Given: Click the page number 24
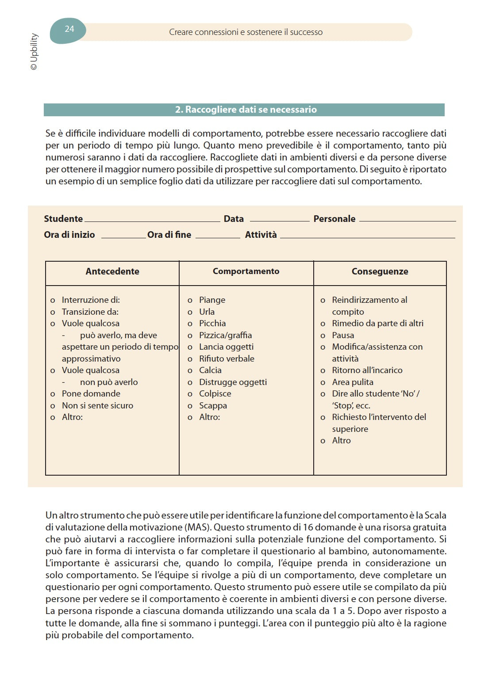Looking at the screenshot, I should click(x=69, y=29).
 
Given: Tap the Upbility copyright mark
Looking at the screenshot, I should click(x=34, y=52).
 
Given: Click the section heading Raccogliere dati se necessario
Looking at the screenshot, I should click(x=246, y=110).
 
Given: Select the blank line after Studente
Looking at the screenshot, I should click(x=152, y=220).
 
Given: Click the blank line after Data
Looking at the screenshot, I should click(x=279, y=220).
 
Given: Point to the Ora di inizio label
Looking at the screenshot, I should click(x=69, y=235).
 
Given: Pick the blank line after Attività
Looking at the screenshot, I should click(x=367, y=236).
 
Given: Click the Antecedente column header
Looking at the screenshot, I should click(x=112, y=271).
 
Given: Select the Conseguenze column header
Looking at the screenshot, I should click(x=380, y=271).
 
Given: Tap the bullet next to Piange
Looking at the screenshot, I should click(x=190, y=301).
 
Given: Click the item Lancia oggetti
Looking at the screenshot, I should click(x=226, y=347).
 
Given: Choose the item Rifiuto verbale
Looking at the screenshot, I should click(x=227, y=359).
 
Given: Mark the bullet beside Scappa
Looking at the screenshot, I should click(x=190, y=406).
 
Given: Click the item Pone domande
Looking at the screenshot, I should click(x=91, y=393).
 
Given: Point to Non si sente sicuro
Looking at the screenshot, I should click(x=97, y=405).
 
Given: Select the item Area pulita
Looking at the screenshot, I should click(x=353, y=382).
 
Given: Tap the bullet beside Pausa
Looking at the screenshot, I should click(x=323, y=336).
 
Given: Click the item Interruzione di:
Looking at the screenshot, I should click(x=91, y=300).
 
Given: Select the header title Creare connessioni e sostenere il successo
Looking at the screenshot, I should click(x=246, y=32).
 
